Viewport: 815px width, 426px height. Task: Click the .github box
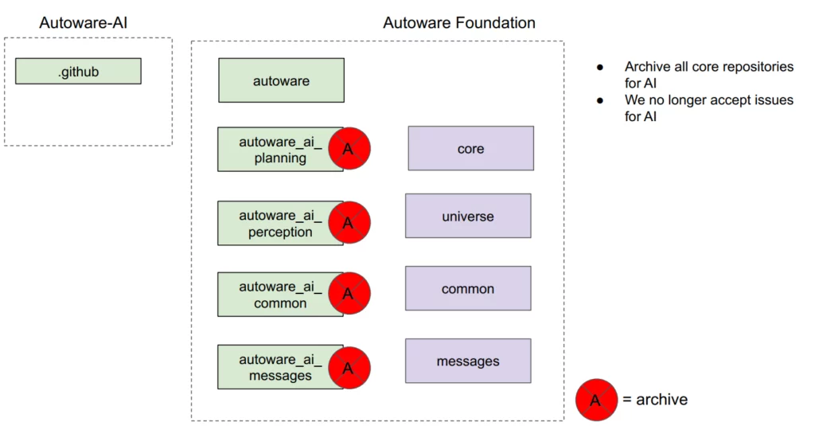(x=78, y=71)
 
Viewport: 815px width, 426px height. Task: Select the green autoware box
(x=281, y=80)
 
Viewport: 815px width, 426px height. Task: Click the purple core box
(x=470, y=148)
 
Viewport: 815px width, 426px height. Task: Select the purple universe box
(x=467, y=216)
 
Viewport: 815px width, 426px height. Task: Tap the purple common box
(x=467, y=288)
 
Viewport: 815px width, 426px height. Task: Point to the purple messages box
(x=467, y=361)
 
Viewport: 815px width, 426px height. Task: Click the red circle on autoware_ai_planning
(x=349, y=149)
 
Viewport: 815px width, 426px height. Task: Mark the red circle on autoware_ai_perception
(x=349, y=223)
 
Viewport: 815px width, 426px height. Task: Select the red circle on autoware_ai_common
(x=349, y=294)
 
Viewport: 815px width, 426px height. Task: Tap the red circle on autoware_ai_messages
(x=349, y=368)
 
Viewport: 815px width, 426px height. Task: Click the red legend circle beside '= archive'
(x=596, y=400)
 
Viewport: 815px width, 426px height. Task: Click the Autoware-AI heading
(x=83, y=22)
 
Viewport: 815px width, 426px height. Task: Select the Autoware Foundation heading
(x=458, y=22)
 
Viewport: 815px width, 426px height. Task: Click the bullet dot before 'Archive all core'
(x=602, y=67)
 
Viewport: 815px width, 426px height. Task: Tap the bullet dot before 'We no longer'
(x=602, y=100)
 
